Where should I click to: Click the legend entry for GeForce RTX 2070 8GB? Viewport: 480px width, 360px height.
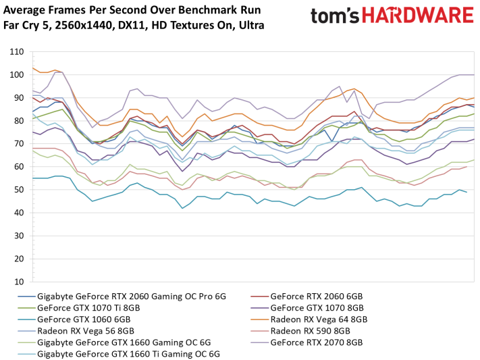click(316, 342)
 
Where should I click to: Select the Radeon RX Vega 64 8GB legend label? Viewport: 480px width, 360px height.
click(319, 319)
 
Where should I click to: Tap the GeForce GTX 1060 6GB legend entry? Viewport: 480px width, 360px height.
click(84, 319)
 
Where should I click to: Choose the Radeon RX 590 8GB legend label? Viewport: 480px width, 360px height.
click(310, 331)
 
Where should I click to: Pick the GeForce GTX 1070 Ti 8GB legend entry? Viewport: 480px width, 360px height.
click(88, 307)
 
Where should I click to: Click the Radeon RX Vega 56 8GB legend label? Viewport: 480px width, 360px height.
click(86, 331)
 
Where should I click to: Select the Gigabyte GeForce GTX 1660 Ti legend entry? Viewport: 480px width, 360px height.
click(128, 354)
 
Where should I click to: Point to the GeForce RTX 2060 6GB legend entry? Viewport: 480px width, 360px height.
click(316, 297)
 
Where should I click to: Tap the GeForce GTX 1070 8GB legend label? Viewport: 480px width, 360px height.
click(317, 307)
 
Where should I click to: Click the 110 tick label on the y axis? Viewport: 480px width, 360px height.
click(17, 52)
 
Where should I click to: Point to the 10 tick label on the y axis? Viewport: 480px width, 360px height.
click(19, 282)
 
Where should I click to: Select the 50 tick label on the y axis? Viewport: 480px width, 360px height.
click(19, 190)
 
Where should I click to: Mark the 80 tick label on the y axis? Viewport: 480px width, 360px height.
click(19, 121)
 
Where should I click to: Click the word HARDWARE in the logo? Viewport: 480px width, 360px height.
click(418, 16)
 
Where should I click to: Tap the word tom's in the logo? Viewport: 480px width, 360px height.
click(335, 16)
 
